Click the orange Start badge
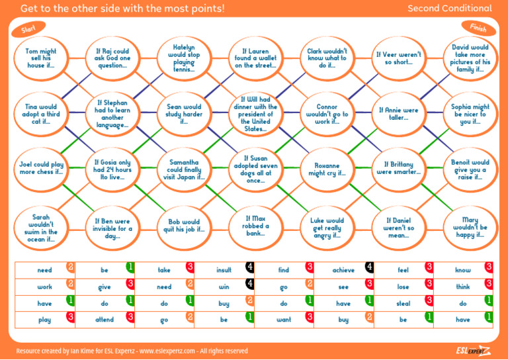pos(28,29)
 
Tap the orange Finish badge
pos(478,27)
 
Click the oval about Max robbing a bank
pos(255,226)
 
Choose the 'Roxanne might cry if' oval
pos(327,169)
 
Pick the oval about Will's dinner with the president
pos(255,114)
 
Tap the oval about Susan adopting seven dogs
pos(255,169)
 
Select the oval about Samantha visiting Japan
pos(183,169)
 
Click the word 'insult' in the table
pos(224,270)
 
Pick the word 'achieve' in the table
pos(343,270)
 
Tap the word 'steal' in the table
pos(403,304)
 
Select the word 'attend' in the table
pos(105,320)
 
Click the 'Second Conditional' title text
pos(449,9)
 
